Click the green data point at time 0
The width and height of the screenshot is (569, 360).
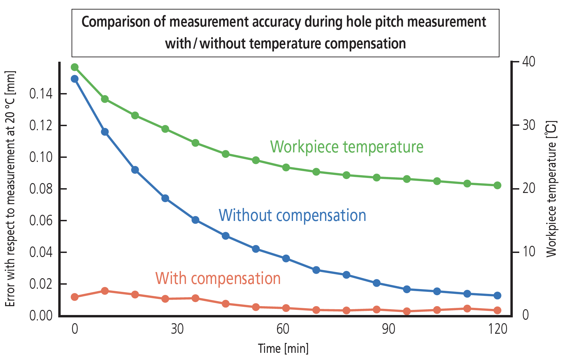coord(75,67)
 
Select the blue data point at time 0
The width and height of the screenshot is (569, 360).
coord(75,79)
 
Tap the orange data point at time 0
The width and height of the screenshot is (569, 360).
coord(75,297)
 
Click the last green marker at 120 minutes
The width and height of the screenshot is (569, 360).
coord(497,185)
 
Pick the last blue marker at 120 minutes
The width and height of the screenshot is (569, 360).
coord(497,296)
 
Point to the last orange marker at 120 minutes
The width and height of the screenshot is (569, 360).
coord(497,310)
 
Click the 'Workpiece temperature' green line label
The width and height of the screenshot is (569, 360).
coord(347,147)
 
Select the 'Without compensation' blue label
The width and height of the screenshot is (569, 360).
coord(292,215)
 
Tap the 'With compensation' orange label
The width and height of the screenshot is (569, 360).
coord(218,279)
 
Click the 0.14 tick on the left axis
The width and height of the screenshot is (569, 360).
coord(41,94)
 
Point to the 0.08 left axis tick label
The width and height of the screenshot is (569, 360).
coord(41,189)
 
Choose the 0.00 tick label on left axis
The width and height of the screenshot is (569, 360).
coord(41,316)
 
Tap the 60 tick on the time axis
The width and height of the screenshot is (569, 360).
coord(283,329)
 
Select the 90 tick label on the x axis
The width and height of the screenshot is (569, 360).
coord(388,329)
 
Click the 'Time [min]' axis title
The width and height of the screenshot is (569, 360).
coord(283,349)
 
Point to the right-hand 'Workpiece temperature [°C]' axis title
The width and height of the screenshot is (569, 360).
coord(551,189)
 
